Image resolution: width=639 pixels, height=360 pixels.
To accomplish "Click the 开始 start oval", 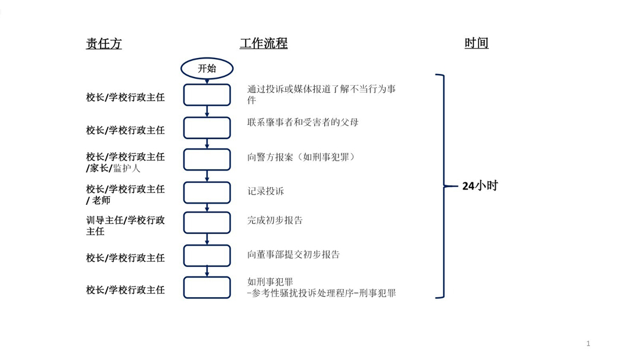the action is click(x=207, y=69).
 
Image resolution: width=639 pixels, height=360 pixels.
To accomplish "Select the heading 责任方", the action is click(x=104, y=44).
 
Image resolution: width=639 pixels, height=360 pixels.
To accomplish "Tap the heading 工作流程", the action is click(x=264, y=43).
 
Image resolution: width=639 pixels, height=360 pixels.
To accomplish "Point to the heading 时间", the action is click(x=476, y=43).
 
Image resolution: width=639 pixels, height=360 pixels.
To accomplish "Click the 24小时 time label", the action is click(x=480, y=186).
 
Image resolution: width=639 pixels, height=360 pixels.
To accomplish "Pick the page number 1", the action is click(x=588, y=343).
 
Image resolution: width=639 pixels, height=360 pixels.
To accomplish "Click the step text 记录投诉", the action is click(x=266, y=191).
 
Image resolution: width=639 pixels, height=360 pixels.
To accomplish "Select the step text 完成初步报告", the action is click(x=275, y=221).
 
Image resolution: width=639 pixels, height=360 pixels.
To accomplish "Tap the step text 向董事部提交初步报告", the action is click(x=293, y=255).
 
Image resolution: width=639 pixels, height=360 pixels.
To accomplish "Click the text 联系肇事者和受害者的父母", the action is click(x=303, y=123).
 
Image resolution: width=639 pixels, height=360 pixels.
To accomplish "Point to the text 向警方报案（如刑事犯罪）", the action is click(x=301, y=157).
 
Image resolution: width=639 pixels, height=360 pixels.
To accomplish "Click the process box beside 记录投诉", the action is click(x=207, y=192).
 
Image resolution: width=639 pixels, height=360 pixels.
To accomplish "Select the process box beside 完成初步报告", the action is click(x=207, y=223).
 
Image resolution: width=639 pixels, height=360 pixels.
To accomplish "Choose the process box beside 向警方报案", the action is click(x=207, y=159).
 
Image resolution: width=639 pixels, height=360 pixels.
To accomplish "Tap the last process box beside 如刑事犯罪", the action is click(x=207, y=287).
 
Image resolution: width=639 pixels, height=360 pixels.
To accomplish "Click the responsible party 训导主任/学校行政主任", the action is click(x=125, y=226).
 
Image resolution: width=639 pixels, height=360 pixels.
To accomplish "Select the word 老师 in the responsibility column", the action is click(x=101, y=201).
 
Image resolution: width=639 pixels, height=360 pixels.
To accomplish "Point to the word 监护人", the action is click(x=127, y=168).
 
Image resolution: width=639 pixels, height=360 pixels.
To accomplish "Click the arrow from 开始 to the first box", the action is click(x=207, y=82).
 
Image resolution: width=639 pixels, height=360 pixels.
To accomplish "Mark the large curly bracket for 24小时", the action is click(x=443, y=187).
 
